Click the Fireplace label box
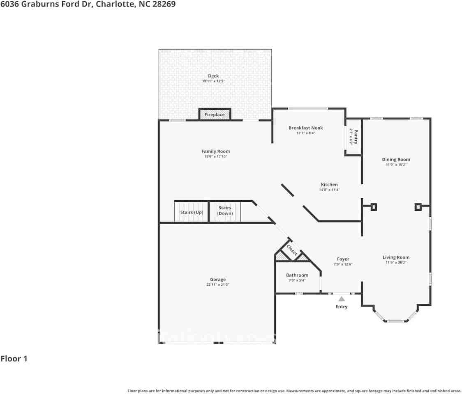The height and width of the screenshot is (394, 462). pos(215,115)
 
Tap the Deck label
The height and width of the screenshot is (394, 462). pos(213,76)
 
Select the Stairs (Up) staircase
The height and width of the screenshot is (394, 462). pos(192,212)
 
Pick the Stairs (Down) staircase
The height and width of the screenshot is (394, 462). pos(225,211)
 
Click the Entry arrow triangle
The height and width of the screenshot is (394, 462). pos(342,299)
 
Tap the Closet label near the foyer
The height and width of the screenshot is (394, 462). pos(292,250)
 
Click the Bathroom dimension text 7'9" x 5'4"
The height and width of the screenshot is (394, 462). pos(297,280)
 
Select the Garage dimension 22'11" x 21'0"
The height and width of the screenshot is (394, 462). pos(218,284)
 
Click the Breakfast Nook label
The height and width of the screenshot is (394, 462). pos(305,128)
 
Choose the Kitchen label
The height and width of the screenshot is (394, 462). pos(329,185)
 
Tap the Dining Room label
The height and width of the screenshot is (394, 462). pos(396,160)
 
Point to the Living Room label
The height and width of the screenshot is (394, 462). pos(396,258)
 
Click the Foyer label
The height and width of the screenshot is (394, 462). pos(343,259)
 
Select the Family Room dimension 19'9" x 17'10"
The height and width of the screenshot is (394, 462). pos(215,156)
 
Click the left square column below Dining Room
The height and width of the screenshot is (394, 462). pos(374,207)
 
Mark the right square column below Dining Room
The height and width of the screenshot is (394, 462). pos(418,207)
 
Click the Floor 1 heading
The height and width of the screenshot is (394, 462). pos(14,359)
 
